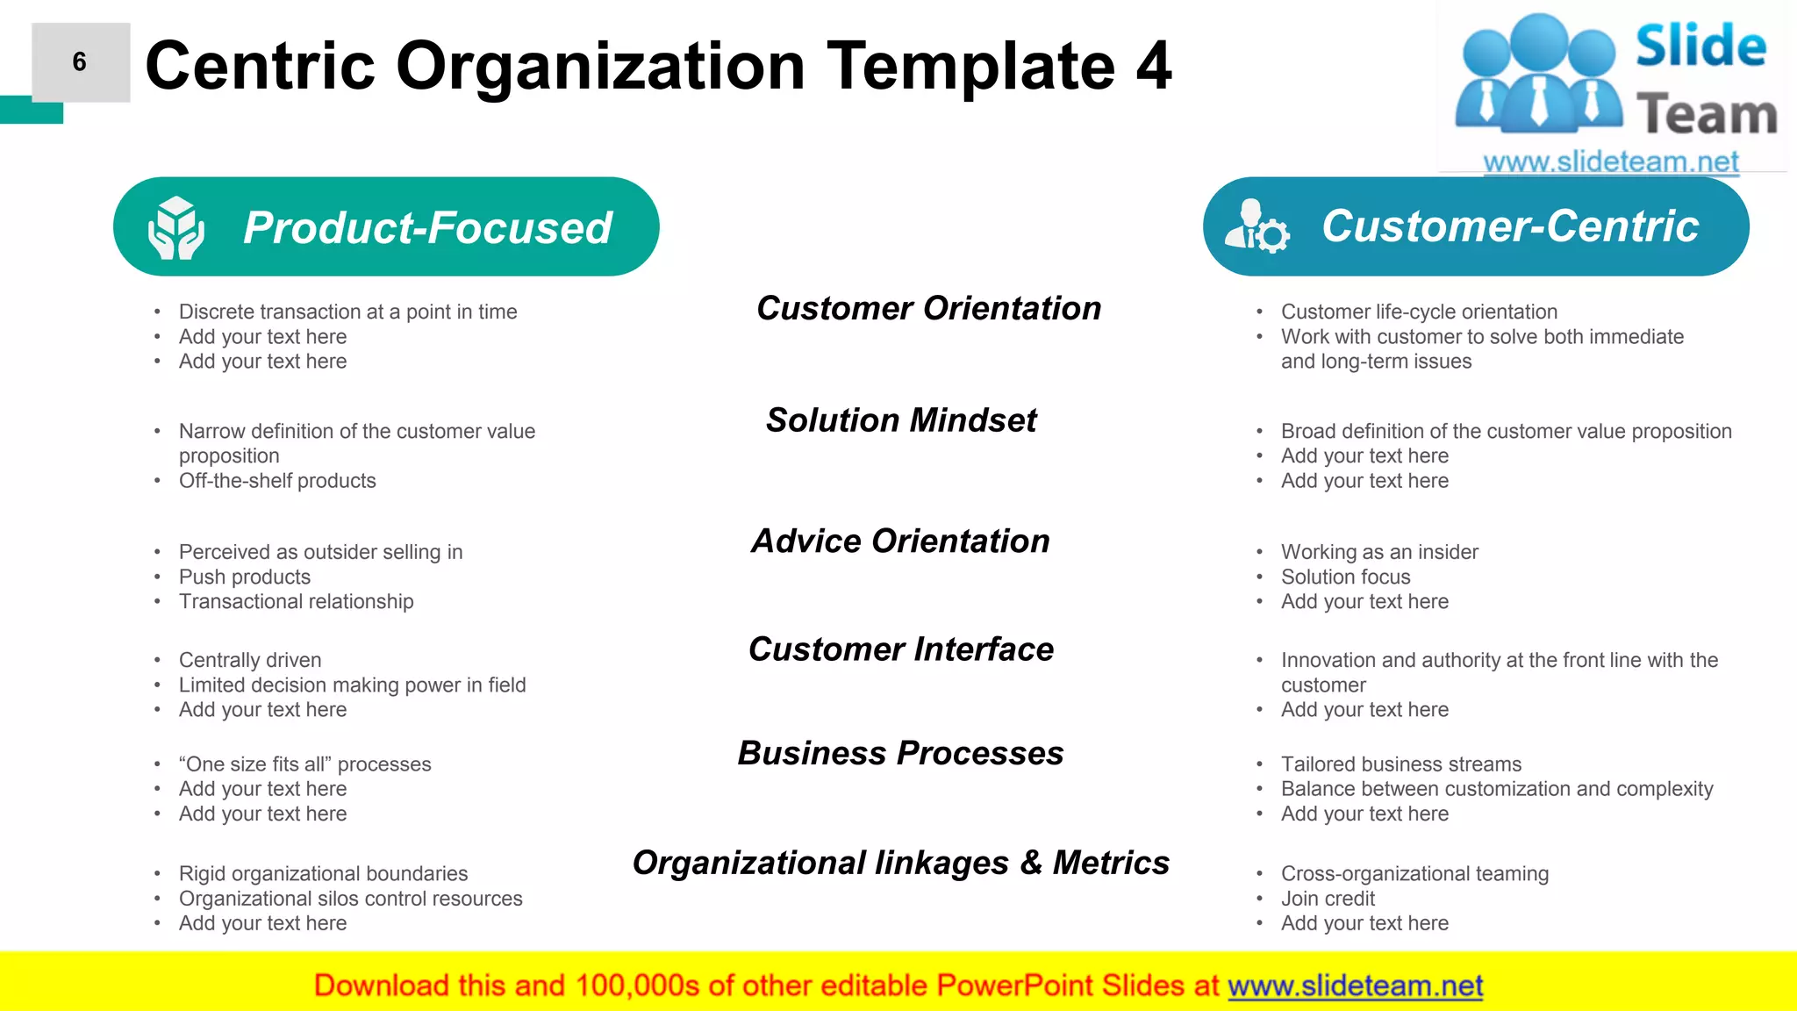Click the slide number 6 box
(81, 62)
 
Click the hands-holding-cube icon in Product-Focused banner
(176, 227)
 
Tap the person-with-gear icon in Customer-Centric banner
(1256, 227)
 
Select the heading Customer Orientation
(928, 309)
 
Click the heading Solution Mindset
(901, 420)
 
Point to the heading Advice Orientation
(900, 541)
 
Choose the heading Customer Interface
(901, 649)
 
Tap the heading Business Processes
(900, 754)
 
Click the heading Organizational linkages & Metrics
(900, 863)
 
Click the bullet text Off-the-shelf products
(277, 481)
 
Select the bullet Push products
(245, 577)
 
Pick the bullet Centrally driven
(250, 660)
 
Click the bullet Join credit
(1328, 899)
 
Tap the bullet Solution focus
(1345, 577)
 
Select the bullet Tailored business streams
(1400, 764)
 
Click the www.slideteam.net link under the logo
(1610, 162)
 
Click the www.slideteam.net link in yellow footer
(1355, 986)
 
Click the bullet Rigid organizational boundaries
(323, 874)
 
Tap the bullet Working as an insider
(1378, 552)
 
